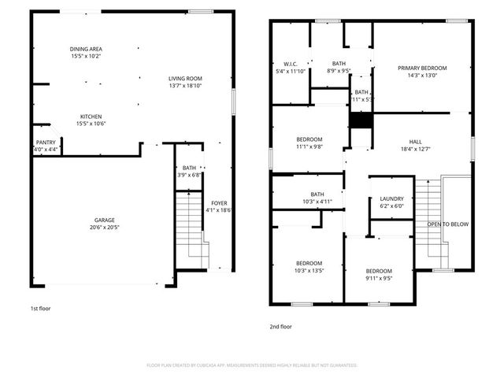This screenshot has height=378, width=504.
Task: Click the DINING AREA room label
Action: (x=85, y=49)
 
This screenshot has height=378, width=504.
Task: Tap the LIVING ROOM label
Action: (x=186, y=78)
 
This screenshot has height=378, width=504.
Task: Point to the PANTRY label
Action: (x=46, y=143)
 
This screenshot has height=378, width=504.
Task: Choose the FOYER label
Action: (x=219, y=203)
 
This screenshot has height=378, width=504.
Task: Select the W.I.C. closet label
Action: (x=289, y=63)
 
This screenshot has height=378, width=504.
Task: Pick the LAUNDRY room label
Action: (x=391, y=198)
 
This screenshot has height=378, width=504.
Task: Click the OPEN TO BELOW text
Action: (x=447, y=224)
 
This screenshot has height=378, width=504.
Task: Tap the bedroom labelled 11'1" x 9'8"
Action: (x=309, y=143)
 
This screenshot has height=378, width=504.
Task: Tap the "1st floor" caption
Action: (x=40, y=308)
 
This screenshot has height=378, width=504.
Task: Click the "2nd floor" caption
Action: (x=281, y=326)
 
